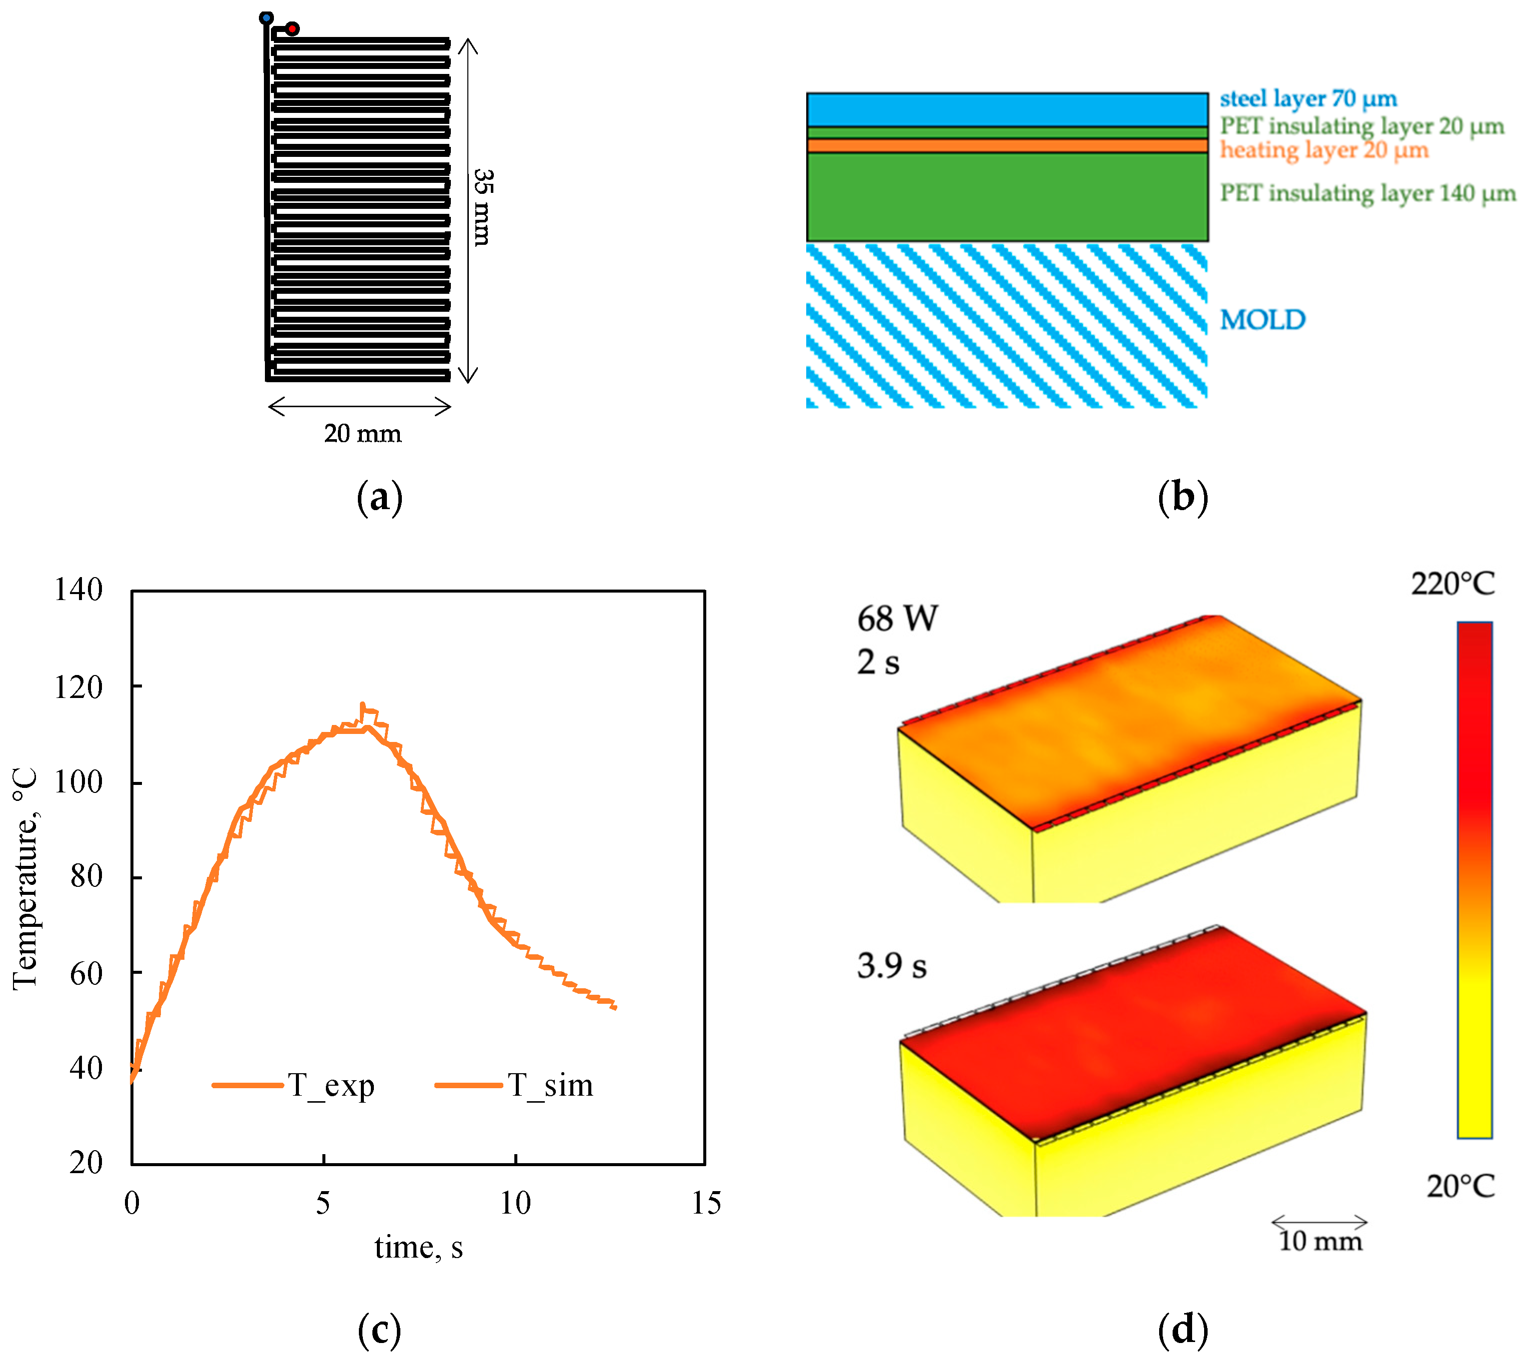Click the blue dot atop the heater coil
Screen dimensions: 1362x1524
point(266,17)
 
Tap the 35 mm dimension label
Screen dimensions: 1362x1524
point(483,207)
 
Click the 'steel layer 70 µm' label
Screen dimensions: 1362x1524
point(1308,99)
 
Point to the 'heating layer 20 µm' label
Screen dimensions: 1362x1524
point(1324,150)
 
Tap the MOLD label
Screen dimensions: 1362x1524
point(1262,320)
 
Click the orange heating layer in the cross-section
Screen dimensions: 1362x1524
point(1006,146)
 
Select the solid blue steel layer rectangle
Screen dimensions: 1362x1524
point(1006,110)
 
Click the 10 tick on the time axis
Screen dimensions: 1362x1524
point(515,1203)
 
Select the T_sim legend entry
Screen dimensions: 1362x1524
point(550,1085)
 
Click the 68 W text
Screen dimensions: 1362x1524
point(897,618)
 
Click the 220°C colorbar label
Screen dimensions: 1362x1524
point(1452,583)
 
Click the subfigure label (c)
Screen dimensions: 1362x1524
point(379,1330)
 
